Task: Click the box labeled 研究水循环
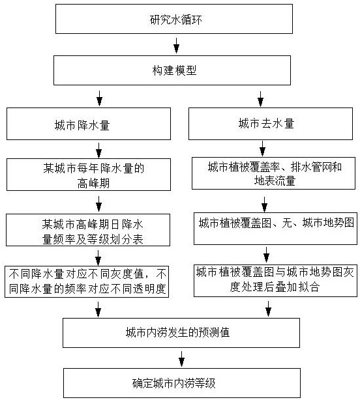[174, 19]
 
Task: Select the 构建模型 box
[172, 70]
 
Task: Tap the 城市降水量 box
[89, 124]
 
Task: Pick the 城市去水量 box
[271, 124]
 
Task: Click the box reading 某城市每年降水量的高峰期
[89, 175]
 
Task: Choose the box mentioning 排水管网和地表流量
[273, 173]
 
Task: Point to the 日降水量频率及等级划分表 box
[88, 230]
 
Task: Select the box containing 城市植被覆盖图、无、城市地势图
[275, 229]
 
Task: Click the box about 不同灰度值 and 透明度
[87, 281]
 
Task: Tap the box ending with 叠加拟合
[275, 281]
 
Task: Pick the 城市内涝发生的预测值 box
[181, 333]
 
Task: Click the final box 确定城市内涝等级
[182, 383]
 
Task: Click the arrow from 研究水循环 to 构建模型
[176, 46]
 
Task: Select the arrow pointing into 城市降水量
[99, 98]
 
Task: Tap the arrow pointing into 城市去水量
[260, 99]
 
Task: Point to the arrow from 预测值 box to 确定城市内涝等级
[181, 359]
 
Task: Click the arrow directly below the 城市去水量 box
[262, 149]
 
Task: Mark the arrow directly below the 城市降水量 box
[99, 150]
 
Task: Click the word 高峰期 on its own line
[93, 183]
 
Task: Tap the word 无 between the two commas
[287, 223]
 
